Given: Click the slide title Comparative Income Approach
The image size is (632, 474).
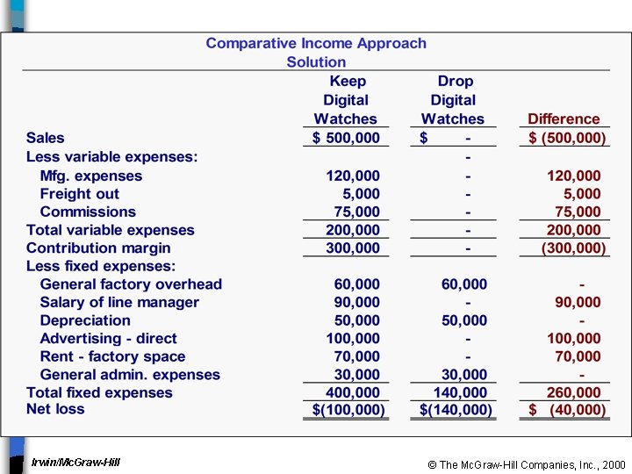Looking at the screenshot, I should coord(316,43).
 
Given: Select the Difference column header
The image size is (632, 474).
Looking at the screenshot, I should coord(564,118).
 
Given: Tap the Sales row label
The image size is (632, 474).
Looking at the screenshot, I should coord(46,138).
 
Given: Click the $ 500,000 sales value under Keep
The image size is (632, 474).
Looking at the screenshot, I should coord(347,138).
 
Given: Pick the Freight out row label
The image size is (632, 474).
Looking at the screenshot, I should coord(79,194).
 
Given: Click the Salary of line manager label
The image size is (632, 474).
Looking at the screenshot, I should coord(119,303).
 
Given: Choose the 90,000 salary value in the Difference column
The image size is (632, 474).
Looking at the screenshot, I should coord(578,303).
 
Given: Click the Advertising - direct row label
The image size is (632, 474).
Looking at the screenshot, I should coord(108,339).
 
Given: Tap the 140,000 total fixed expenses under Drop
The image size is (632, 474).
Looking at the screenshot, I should coord(460,392).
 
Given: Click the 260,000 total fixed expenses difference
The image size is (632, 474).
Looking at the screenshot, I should coord(574,392).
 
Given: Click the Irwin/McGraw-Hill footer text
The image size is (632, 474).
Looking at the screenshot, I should coord(75,462).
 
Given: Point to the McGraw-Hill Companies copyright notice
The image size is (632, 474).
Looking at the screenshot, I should coord(527,464).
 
